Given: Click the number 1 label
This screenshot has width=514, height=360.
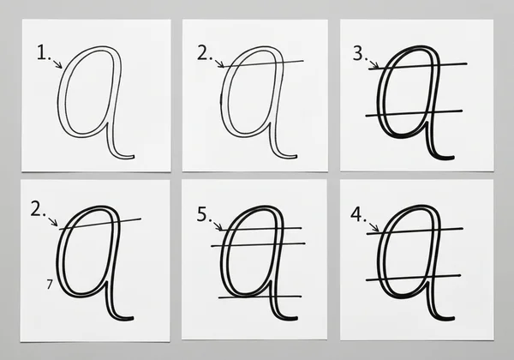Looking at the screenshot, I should click(43, 53).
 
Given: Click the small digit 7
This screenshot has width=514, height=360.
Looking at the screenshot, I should click(48, 283).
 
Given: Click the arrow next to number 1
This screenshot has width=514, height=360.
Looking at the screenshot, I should click(57, 63).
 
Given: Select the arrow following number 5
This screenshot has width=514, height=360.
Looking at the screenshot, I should click(218, 225).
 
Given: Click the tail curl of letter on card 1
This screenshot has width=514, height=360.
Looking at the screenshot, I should click(124, 156).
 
